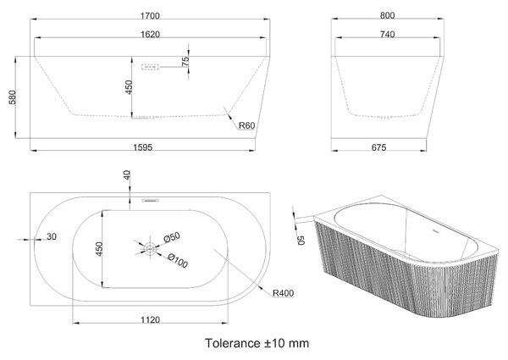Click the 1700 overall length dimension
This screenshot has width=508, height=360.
coord(150,15)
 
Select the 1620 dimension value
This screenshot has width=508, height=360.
coord(150,35)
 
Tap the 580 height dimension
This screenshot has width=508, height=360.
coord(13,97)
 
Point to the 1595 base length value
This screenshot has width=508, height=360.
coord(143,147)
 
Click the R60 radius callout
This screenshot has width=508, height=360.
coord(247,125)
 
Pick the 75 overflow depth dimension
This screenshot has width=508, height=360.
coord(185,61)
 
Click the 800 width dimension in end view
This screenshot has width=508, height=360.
coord(387,15)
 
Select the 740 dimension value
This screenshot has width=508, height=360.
coord(387,35)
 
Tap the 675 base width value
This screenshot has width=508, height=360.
coord(378,147)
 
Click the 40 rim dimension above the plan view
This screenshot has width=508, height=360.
coord(127,175)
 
